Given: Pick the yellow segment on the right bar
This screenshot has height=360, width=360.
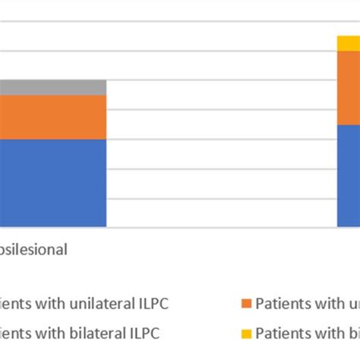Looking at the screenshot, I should click(349, 44).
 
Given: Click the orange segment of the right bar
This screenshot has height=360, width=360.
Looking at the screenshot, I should click(349, 88).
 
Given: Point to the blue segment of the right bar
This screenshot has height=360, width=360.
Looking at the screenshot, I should click(349, 175).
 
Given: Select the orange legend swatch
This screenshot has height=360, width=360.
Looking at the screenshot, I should click(245, 304).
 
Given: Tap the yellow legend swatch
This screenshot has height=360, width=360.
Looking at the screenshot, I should click(245, 333).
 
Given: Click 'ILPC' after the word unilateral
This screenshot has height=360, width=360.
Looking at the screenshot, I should click(152, 304).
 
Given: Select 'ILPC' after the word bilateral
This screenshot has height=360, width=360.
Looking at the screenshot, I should click(144, 333).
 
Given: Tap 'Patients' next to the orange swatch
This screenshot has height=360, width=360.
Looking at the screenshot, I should click(279, 304).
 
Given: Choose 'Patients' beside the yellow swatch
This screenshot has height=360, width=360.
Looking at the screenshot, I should click(279, 333).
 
